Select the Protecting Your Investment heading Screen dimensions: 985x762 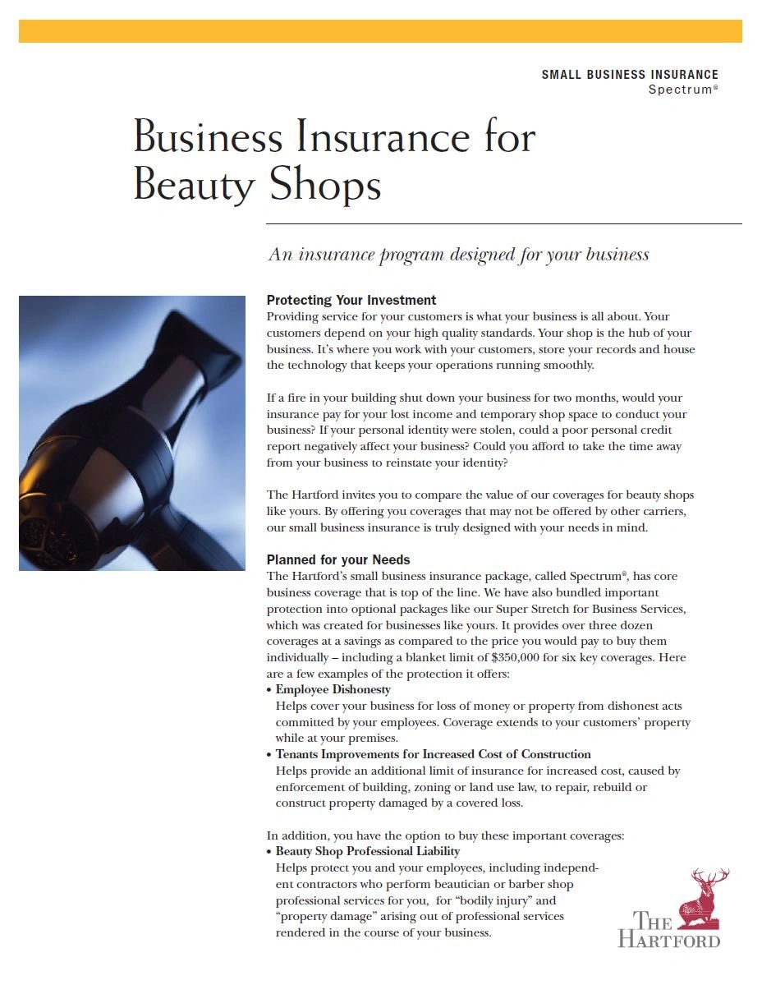pyautogui.click(x=351, y=300)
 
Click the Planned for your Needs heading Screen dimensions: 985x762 pyautogui.click(x=338, y=559)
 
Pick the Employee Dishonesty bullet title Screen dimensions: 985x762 pyautogui.click(x=333, y=689)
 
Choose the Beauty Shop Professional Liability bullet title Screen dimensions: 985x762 pyautogui.click(x=367, y=851)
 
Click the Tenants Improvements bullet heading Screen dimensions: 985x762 pyautogui.click(x=433, y=754)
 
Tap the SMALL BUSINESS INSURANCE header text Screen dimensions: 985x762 pyautogui.click(x=629, y=75)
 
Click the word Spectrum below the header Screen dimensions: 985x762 pyautogui.click(x=679, y=90)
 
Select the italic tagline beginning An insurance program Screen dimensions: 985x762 pyautogui.click(x=458, y=255)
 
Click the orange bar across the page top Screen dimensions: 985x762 pyautogui.click(x=380, y=31)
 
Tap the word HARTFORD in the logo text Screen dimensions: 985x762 pyautogui.click(x=668, y=938)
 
